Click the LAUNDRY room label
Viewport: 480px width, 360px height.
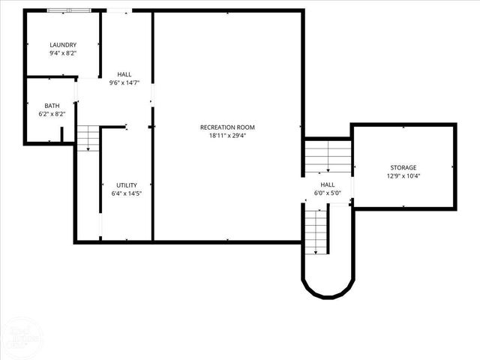[x=63, y=45]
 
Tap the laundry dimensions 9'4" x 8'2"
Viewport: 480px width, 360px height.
[x=63, y=53]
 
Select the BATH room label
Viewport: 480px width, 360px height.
[x=52, y=106]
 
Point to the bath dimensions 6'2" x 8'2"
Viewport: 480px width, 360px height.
[x=52, y=114]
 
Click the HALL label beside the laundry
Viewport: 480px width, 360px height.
[x=124, y=74]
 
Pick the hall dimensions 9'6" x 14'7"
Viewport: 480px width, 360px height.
[x=124, y=82]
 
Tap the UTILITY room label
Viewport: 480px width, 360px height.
[x=125, y=185]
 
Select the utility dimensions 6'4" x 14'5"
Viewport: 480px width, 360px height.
[x=125, y=193]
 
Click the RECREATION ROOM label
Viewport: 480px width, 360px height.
[x=227, y=127]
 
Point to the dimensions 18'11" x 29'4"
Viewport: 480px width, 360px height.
[x=227, y=136]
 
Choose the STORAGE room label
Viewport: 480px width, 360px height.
[x=403, y=167]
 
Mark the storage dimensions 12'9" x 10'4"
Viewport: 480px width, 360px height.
[x=403, y=176]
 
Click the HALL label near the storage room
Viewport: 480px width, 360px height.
[x=328, y=184]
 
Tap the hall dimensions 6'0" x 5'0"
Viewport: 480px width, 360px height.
[x=328, y=193]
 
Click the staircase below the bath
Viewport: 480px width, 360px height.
[x=88, y=138]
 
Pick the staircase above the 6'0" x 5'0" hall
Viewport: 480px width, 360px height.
[x=328, y=157]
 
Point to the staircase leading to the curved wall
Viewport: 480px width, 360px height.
[x=316, y=230]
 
